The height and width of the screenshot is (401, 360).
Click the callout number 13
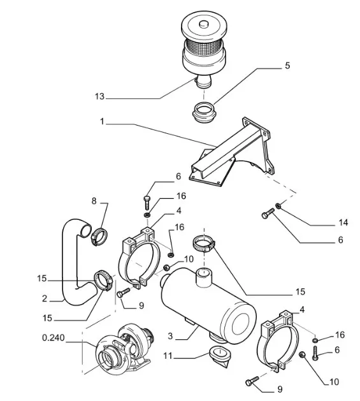click(x=99, y=96)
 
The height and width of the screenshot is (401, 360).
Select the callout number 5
click(x=287, y=66)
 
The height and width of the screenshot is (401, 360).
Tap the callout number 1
click(x=102, y=121)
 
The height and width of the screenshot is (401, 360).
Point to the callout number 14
click(x=343, y=222)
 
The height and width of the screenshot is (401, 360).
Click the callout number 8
click(x=94, y=201)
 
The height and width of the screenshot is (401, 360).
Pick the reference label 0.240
click(x=54, y=338)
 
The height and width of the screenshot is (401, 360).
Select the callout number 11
click(x=168, y=356)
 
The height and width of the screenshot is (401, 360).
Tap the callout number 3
click(x=171, y=336)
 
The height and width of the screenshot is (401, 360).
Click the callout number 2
click(x=45, y=298)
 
